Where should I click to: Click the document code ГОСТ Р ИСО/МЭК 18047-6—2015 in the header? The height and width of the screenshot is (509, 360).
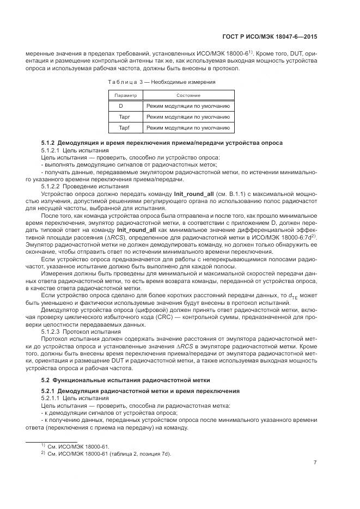click(x=270, y=37)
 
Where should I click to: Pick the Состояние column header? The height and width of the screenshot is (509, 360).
click(x=188, y=95)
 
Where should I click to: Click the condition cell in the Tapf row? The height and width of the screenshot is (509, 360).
click(x=188, y=128)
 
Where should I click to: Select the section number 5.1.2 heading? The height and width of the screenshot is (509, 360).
click(x=48, y=143)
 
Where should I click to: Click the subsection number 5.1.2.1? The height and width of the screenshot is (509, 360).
click(x=50, y=150)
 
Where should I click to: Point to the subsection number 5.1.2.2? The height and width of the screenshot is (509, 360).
click(x=50, y=186)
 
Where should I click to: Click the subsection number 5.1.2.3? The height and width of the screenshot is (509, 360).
click(x=50, y=330)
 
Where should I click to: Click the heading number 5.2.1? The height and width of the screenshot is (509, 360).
click(x=48, y=391)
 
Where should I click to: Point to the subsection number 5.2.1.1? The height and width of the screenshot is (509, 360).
click(x=50, y=398)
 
